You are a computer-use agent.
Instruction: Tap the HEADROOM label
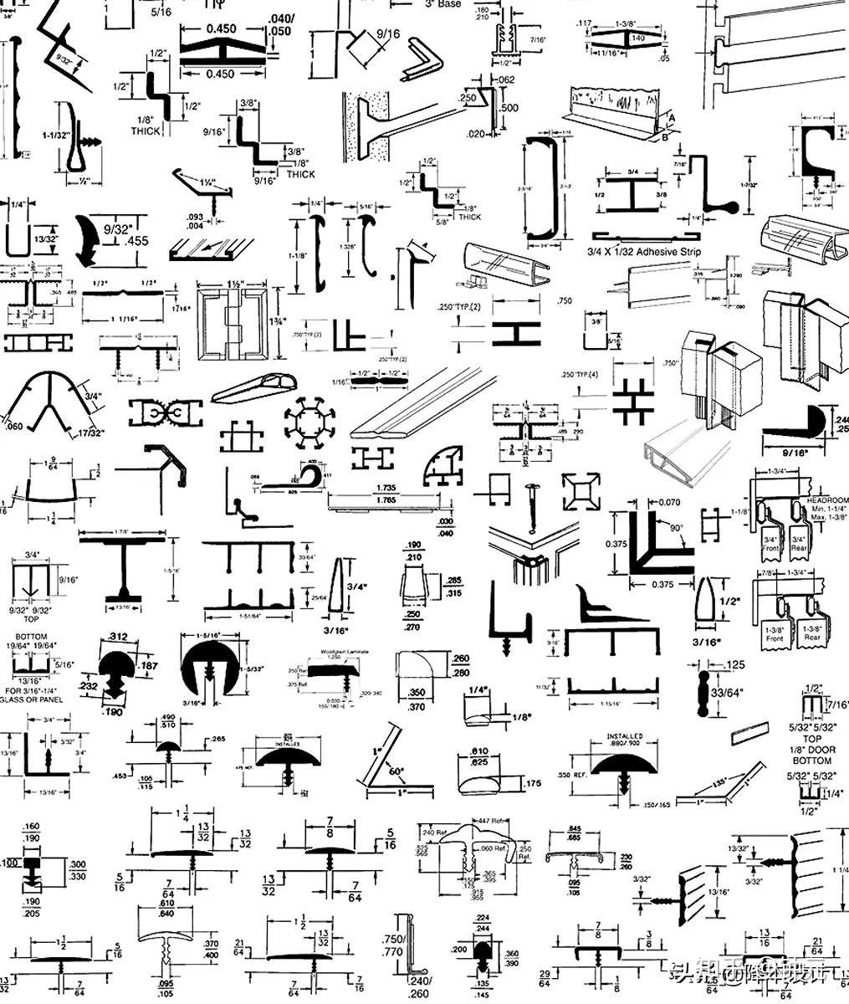(826, 500)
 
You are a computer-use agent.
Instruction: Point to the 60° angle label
(395, 770)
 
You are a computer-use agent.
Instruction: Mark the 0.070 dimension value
(669, 503)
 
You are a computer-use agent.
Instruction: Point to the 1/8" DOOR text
(812, 750)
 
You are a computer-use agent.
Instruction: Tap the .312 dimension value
(119, 638)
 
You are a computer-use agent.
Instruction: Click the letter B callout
(664, 138)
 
